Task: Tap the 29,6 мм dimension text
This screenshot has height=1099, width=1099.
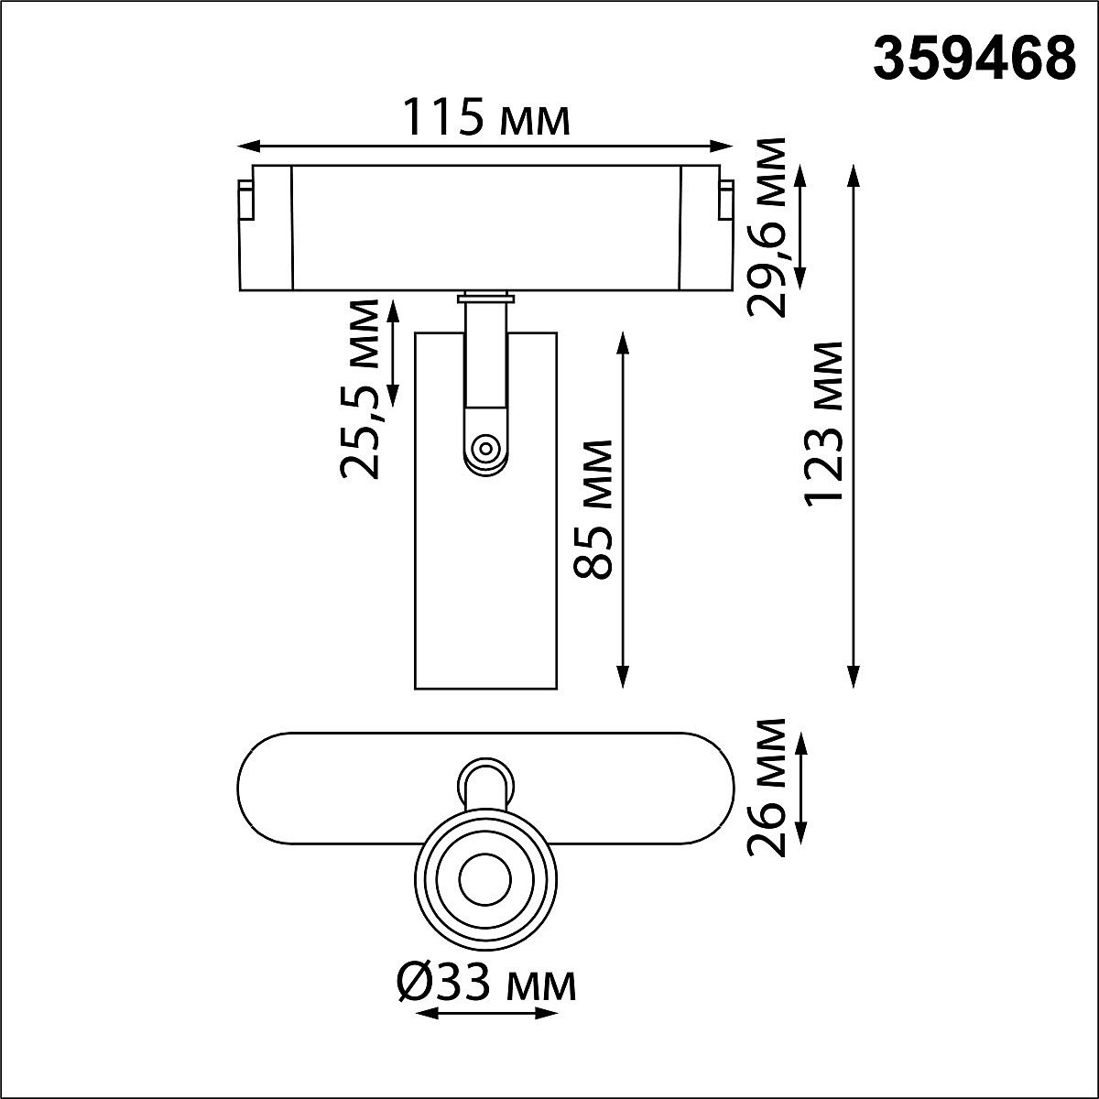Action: pyautogui.click(x=766, y=226)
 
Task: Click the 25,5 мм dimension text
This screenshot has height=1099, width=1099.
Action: pyautogui.click(x=360, y=388)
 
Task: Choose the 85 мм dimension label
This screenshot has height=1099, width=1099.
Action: pyautogui.click(x=593, y=508)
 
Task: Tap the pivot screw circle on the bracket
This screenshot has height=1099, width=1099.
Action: pyautogui.click(x=484, y=449)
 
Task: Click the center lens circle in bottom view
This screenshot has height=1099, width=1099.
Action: pyautogui.click(x=484, y=881)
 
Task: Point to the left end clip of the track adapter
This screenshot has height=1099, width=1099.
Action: pyautogui.click(x=245, y=201)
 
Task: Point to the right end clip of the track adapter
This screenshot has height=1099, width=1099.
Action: pyautogui.click(x=726, y=201)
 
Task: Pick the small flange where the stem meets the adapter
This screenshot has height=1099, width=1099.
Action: pyautogui.click(x=484, y=297)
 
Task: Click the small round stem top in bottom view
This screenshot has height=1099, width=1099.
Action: pyautogui.click(x=485, y=781)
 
